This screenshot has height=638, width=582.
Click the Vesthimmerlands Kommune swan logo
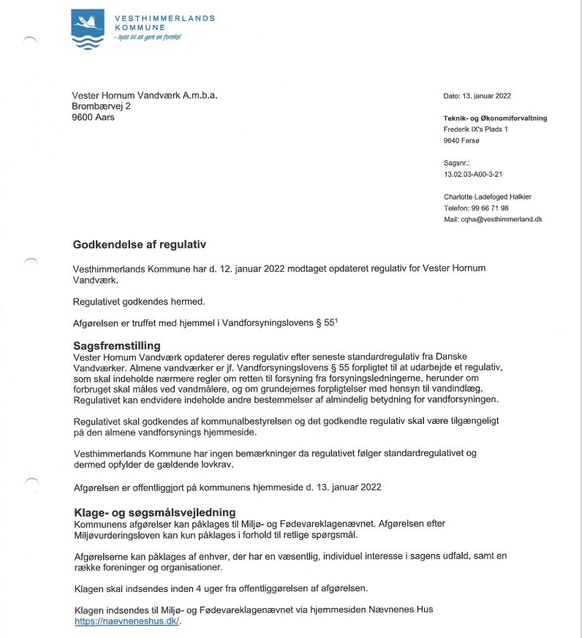tap(88, 28)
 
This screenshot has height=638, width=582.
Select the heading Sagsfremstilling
tap(116, 345)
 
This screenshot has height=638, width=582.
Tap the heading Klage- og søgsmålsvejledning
tap(154, 513)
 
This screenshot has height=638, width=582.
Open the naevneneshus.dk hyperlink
tap(127, 621)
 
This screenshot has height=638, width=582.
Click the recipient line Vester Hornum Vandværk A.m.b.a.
tap(145, 96)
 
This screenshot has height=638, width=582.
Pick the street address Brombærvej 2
tap(102, 107)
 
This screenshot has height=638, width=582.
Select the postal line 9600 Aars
tap(94, 118)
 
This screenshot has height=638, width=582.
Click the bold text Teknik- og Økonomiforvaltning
tap(495, 118)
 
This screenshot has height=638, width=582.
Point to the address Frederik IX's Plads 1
tap(475, 129)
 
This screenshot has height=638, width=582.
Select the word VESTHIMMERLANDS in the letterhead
tap(165, 18)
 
